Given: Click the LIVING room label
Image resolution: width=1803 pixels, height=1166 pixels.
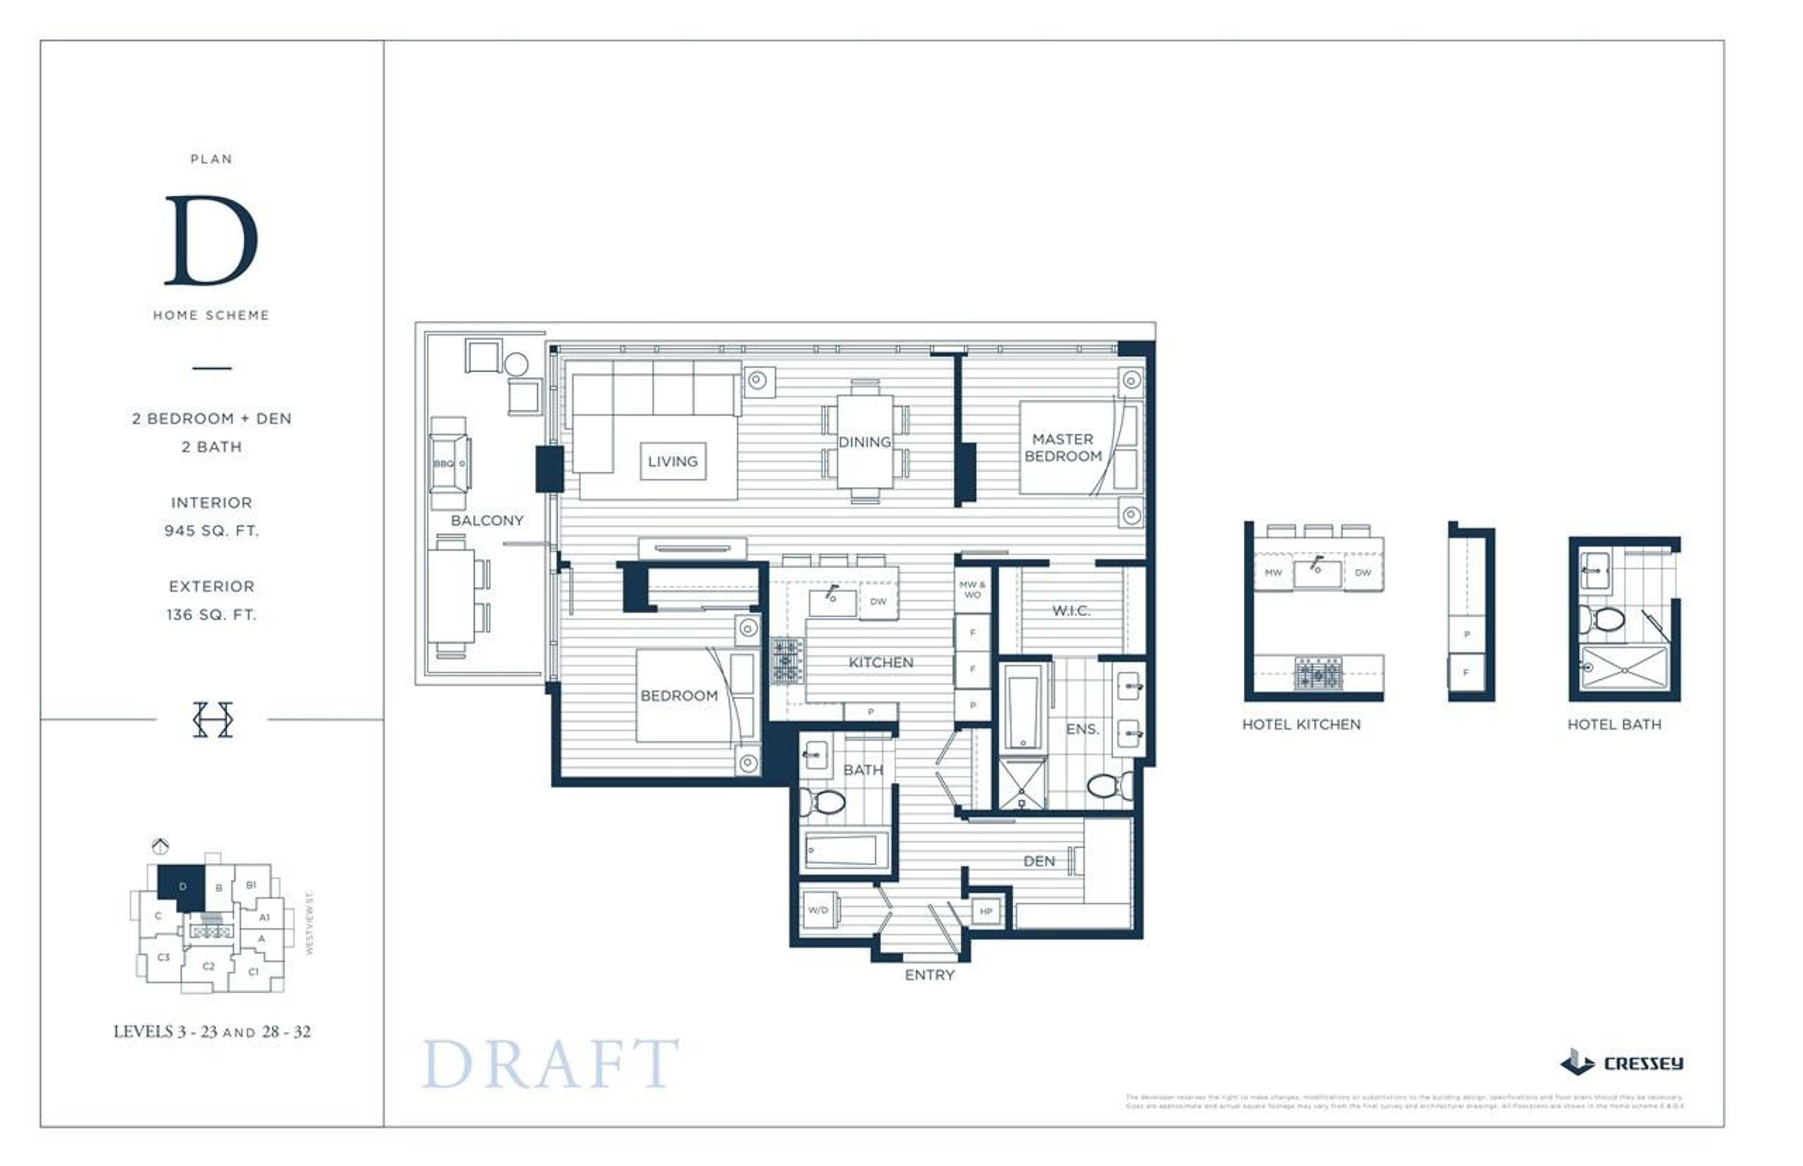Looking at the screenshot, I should [672, 461].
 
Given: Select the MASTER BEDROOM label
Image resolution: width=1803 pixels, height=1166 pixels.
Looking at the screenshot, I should [1063, 447].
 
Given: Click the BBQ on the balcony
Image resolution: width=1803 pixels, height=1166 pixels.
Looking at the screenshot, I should [450, 463].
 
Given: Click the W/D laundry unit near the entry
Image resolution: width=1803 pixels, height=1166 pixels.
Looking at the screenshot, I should [818, 909].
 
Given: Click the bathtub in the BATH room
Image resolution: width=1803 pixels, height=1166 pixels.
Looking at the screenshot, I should [844, 851].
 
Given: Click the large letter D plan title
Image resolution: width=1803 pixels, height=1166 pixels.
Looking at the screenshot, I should [211, 241].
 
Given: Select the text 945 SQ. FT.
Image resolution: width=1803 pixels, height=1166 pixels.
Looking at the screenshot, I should [211, 531].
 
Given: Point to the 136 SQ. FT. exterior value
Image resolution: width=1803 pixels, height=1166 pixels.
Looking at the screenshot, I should [211, 615].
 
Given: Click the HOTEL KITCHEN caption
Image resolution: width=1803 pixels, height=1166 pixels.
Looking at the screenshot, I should [1301, 725].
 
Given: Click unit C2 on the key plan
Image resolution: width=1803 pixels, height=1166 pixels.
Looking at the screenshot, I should [208, 966].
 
